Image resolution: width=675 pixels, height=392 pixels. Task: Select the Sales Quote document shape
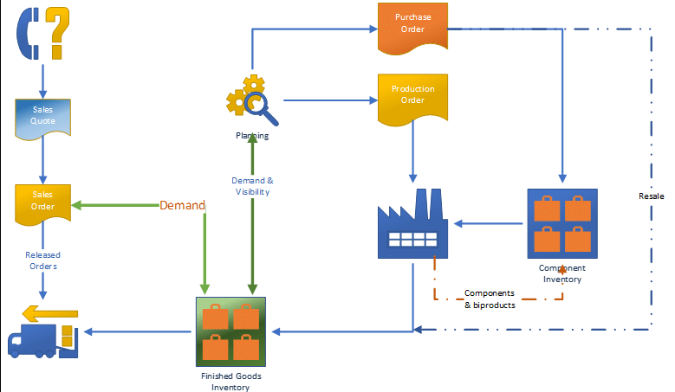(43, 116)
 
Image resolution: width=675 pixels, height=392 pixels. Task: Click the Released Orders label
(43, 260)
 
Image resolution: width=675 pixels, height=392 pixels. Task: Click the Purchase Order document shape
(412, 23)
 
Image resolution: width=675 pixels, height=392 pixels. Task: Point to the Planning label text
(252, 136)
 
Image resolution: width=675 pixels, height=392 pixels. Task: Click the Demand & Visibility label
(252, 186)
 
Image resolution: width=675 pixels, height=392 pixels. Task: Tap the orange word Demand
(182, 206)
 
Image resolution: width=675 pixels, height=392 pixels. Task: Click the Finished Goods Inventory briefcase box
(230, 332)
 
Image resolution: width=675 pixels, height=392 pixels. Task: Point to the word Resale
(651, 196)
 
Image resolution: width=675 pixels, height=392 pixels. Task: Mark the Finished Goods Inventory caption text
(230, 382)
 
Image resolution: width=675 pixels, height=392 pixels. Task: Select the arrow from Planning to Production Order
(329, 100)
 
